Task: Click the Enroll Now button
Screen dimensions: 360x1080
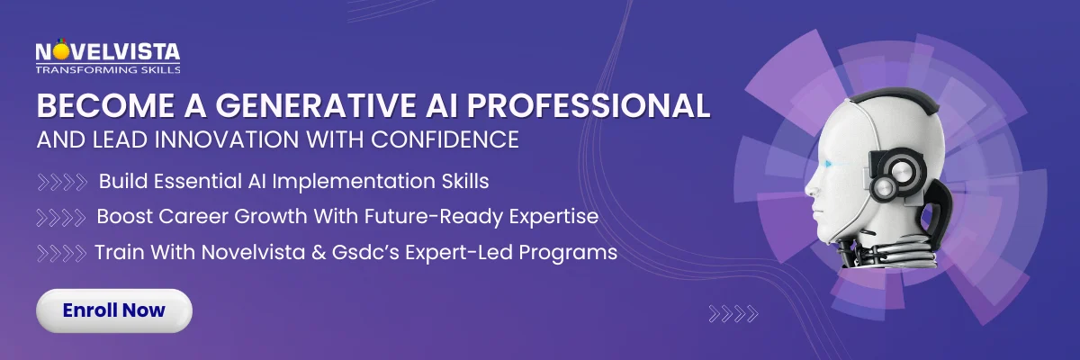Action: click(x=113, y=310)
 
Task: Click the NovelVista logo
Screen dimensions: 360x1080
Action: click(x=107, y=54)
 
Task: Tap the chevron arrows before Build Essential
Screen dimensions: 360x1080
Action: click(x=62, y=182)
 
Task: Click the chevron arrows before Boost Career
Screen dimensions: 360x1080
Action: click(x=62, y=217)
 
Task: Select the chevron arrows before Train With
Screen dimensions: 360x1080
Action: click(x=62, y=253)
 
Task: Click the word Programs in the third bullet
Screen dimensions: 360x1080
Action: click(x=571, y=253)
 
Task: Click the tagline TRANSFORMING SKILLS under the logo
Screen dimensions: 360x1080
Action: click(x=107, y=68)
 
